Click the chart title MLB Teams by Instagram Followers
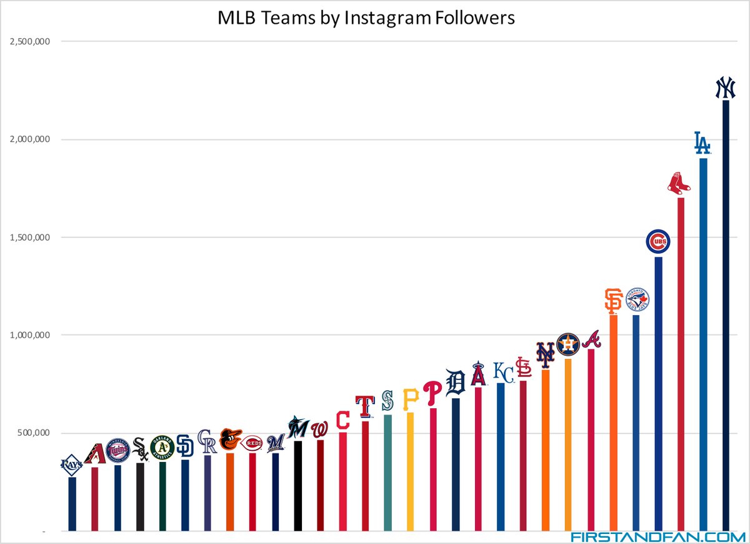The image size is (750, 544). [366, 18]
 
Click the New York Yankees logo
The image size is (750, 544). [725, 88]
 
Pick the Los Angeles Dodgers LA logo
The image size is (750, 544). [702, 143]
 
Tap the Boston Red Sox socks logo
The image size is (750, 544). [680, 183]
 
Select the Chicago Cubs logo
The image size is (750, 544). [658, 242]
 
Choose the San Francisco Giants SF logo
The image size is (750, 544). [613, 301]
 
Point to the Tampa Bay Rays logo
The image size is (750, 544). [72, 465]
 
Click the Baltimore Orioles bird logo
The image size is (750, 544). [230, 440]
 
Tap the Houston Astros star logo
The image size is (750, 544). [568, 345]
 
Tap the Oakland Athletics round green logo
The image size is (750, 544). [162, 448]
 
